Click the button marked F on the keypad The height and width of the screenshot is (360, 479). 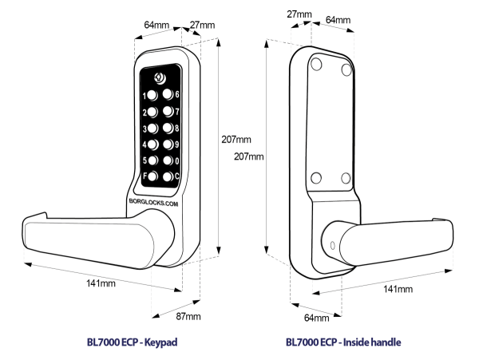153,177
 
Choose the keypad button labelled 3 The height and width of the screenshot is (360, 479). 153,129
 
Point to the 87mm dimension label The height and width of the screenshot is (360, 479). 188,318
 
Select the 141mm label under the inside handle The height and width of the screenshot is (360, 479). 397,288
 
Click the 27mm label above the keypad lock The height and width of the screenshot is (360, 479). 203,26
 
